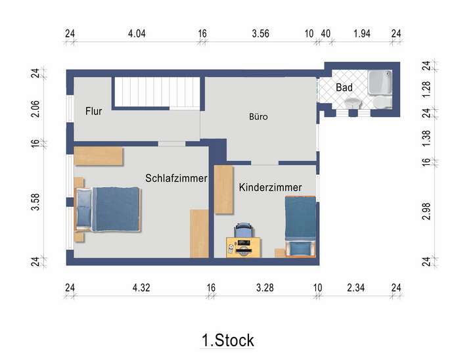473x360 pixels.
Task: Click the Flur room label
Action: pyautogui.click(x=94, y=112)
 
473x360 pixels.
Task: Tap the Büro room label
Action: pyautogui.click(x=258, y=117)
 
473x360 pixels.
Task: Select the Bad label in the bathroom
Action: pyautogui.click(x=344, y=87)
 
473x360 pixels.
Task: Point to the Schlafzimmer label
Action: pyautogui.click(x=176, y=178)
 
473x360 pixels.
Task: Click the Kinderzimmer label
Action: pyautogui.click(x=270, y=187)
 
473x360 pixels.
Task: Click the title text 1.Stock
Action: pyautogui.click(x=227, y=340)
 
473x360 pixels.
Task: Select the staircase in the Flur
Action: pyautogui.click(x=158, y=92)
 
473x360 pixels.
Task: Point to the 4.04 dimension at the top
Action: pyautogui.click(x=136, y=34)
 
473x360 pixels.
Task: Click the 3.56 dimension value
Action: pyautogui.click(x=260, y=34)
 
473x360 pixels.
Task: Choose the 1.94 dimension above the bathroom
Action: pyautogui.click(x=362, y=34)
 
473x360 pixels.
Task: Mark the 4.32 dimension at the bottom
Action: pyautogui.click(x=141, y=287)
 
